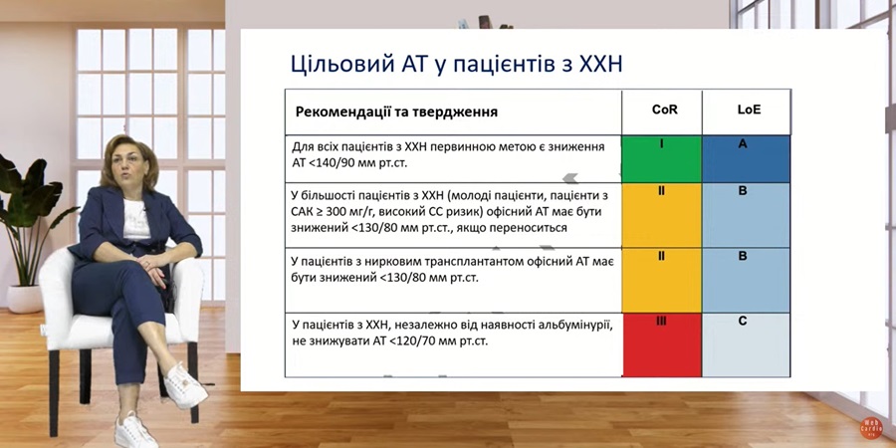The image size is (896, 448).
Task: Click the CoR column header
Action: pyautogui.click(x=665, y=110)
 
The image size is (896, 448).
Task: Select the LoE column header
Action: pyautogui.click(x=749, y=110)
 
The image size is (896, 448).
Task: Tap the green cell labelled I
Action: pyautogui.click(x=662, y=159)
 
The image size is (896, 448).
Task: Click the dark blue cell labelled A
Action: pyautogui.click(x=747, y=159)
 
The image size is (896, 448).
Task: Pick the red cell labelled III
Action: pyautogui.click(x=662, y=345)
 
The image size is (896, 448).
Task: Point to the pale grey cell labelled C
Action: pyautogui.click(x=747, y=345)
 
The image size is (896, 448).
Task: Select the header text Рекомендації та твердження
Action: pyautogui.click(x=396, y=112)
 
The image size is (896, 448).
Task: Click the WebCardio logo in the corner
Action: pyautogui.click(x=871, y=427)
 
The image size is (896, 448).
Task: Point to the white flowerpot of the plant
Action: pyautogui.click(x=25, y=299)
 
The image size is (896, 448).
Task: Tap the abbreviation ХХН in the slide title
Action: pyautogui.click(x=600, y=64)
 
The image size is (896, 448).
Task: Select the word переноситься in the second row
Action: pyautogui.click(x=534, y=228)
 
